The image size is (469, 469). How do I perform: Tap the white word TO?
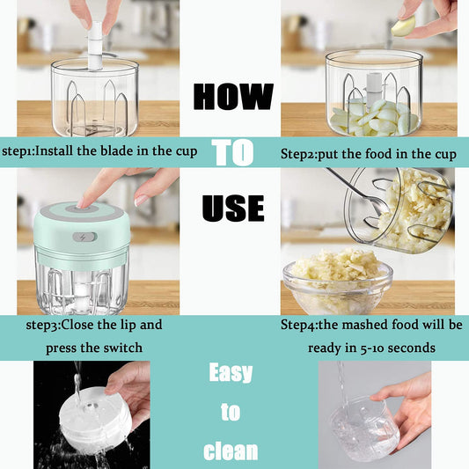[232, 152]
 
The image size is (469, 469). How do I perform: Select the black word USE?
[232, 208]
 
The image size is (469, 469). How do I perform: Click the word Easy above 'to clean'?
[230, 373]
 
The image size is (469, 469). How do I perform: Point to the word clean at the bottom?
[231, 451]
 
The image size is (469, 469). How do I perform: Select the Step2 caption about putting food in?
[368, 154]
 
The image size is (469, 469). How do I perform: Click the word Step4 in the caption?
[298, 325]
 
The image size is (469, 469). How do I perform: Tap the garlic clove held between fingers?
[401, 28]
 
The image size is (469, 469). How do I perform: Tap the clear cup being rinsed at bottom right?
[364, 426]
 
